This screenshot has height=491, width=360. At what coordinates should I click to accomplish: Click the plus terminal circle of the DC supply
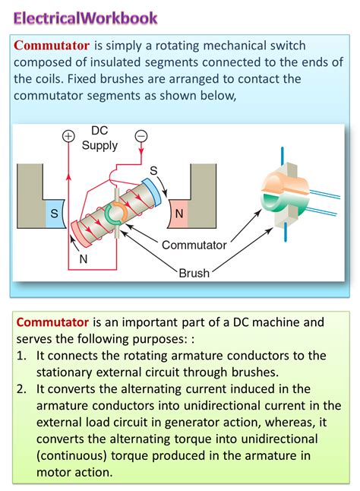tap(68, 136)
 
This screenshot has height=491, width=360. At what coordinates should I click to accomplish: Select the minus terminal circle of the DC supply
tap(140, 136)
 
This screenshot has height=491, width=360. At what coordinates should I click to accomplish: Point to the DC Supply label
tap(99, 138)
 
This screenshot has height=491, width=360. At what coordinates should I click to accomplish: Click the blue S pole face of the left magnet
tap(53, 214)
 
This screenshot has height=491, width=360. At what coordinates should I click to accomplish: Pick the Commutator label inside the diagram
tap(194, 245)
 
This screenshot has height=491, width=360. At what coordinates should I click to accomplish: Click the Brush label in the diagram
tap(194, 272)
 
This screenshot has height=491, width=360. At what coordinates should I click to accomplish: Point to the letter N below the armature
tap(83, 258)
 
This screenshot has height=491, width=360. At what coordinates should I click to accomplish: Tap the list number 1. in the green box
tap(21, 356)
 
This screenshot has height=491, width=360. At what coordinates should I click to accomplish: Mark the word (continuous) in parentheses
tap(65, 456)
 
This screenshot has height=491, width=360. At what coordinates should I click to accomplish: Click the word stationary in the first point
tap(64, 372)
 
